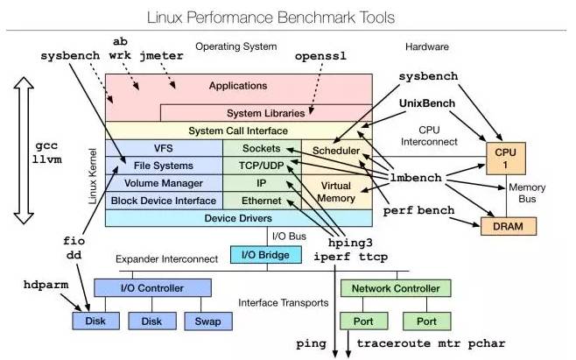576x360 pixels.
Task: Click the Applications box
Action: click(237, 86)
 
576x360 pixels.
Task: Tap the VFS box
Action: click(164, 148)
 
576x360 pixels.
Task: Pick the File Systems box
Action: click(164, 166)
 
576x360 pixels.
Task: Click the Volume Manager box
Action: click(164, 183)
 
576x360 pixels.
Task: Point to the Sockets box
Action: click(262, 148)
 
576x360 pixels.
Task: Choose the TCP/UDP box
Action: click(262, 166)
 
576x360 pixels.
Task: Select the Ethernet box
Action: click(262, 201)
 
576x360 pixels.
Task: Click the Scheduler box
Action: click(336, 151)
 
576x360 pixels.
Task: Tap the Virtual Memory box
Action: click(336, 192)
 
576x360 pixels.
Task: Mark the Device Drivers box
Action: click(237, 218)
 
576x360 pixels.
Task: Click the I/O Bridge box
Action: click(266, 255)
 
